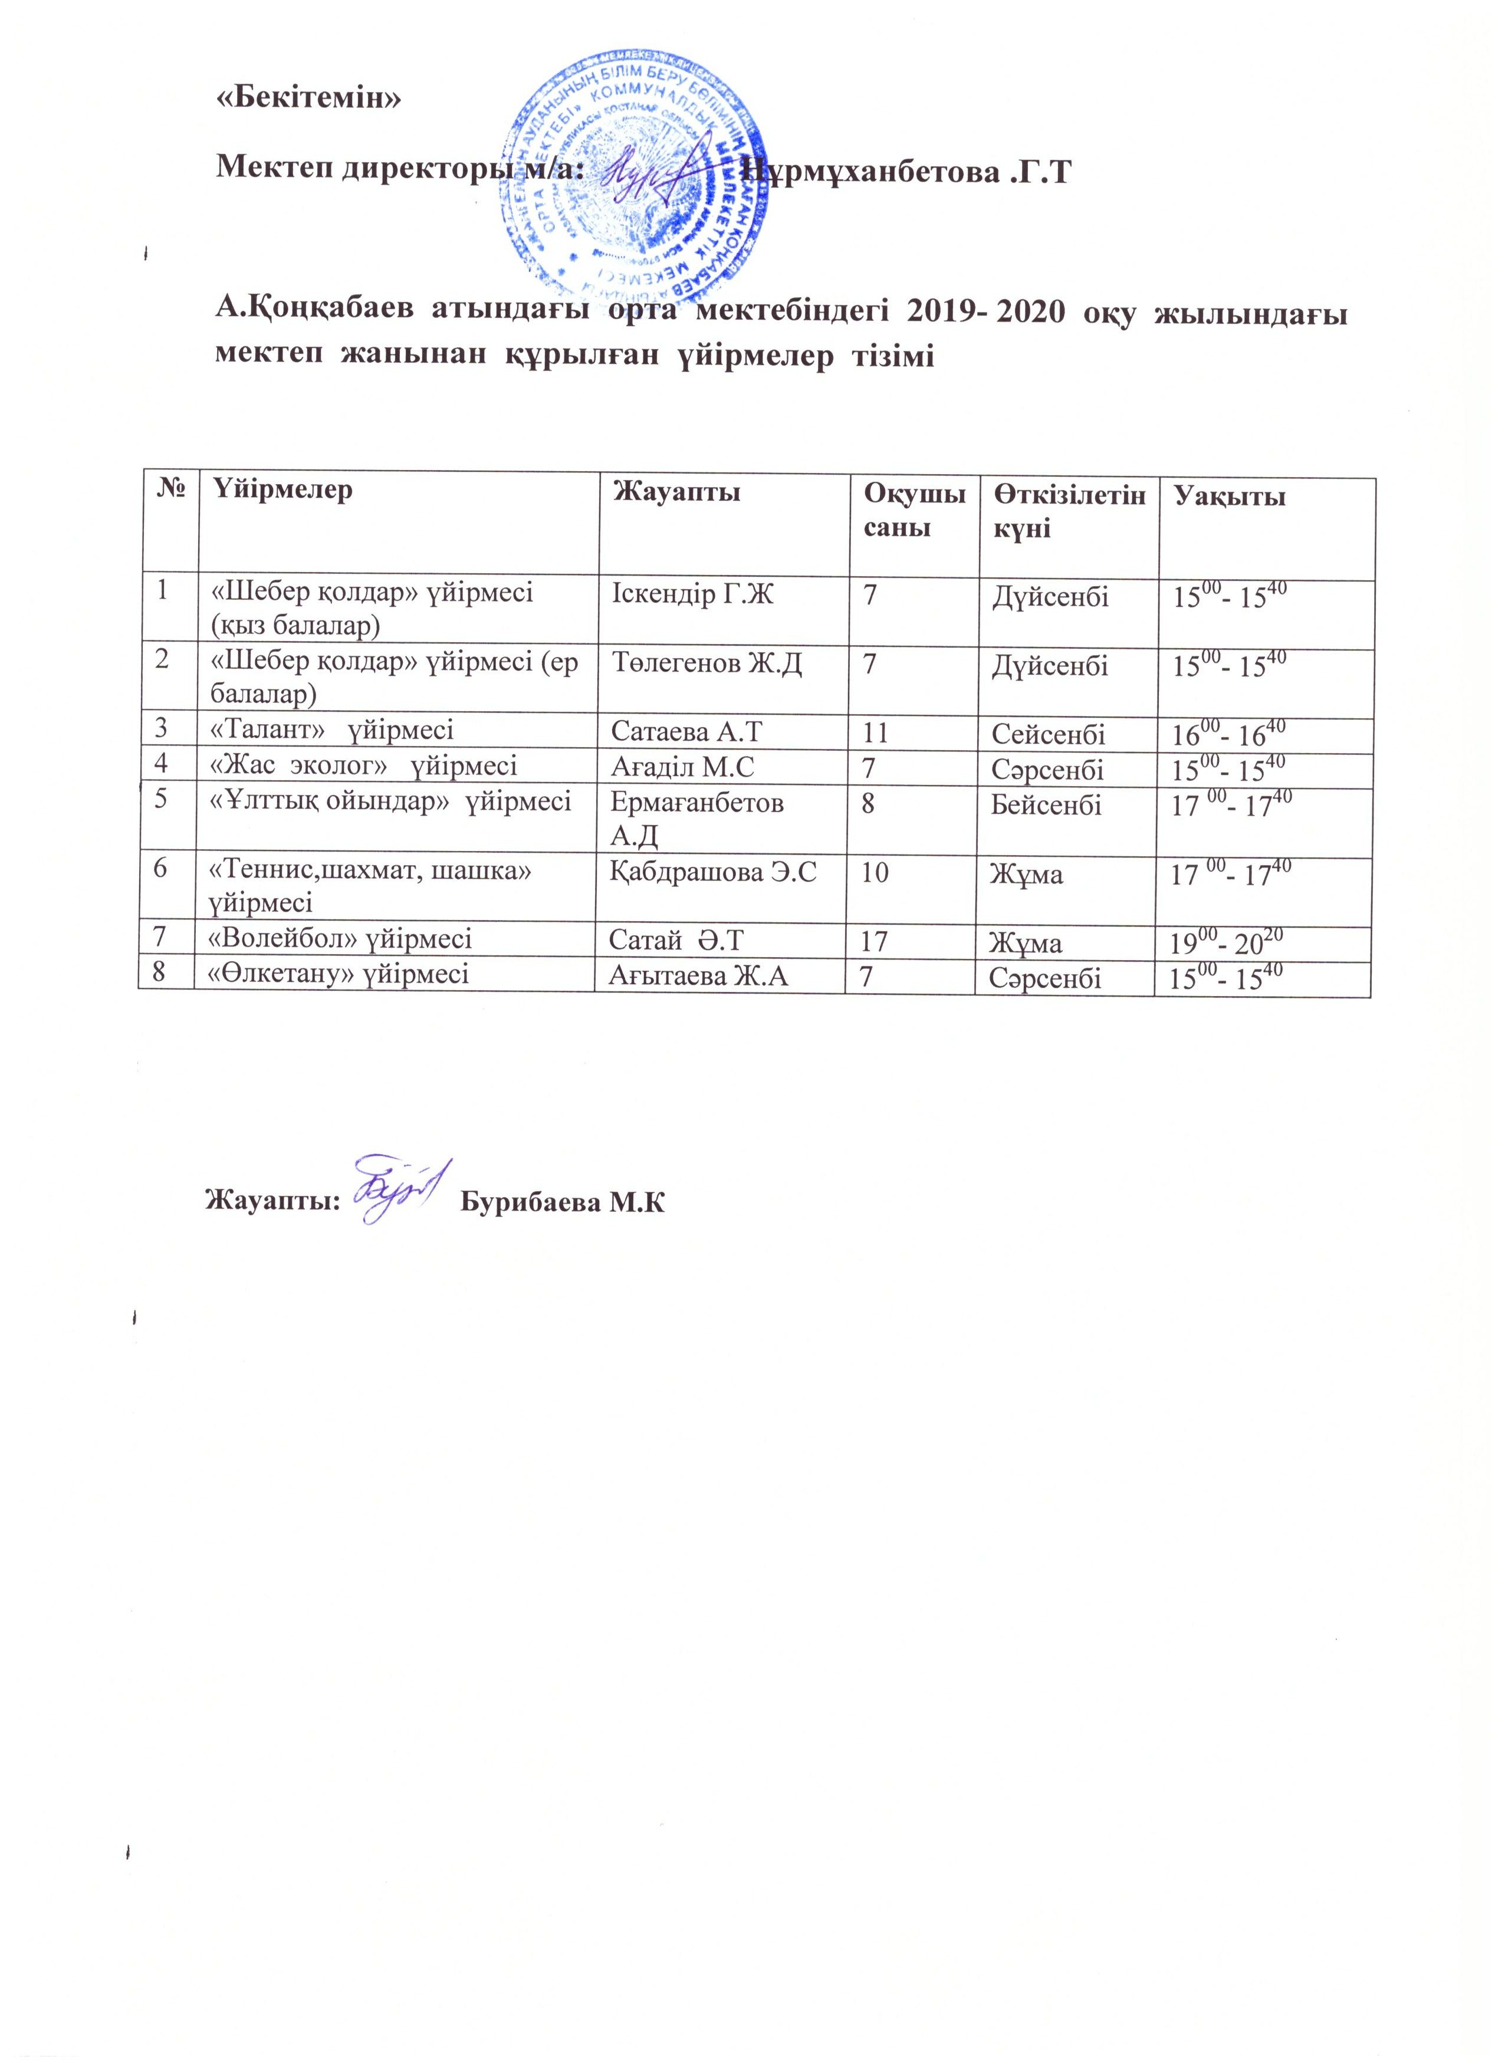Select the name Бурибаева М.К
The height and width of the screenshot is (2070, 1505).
tap(563, 1202)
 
